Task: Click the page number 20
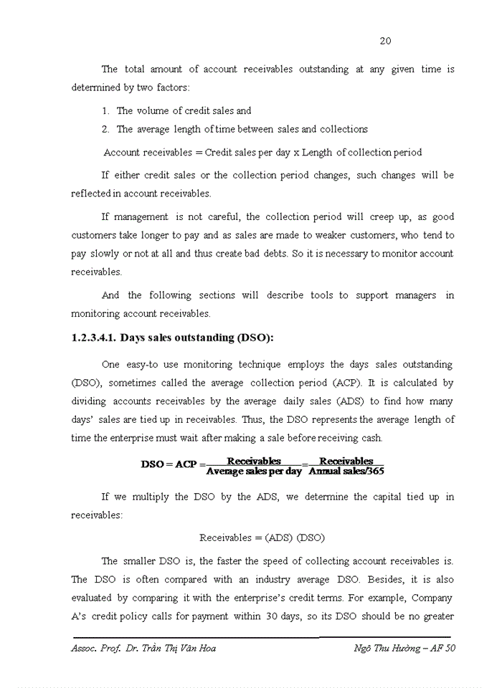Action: click(x=385, y=41)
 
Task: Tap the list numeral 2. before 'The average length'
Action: click(x=105, y=129)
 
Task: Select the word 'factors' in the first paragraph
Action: click(x=170, y=87)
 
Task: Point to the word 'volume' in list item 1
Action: click(x=151, y=110)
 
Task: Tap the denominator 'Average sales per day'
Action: click(x=254, y=471)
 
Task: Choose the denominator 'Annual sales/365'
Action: click(x=346, y=471)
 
